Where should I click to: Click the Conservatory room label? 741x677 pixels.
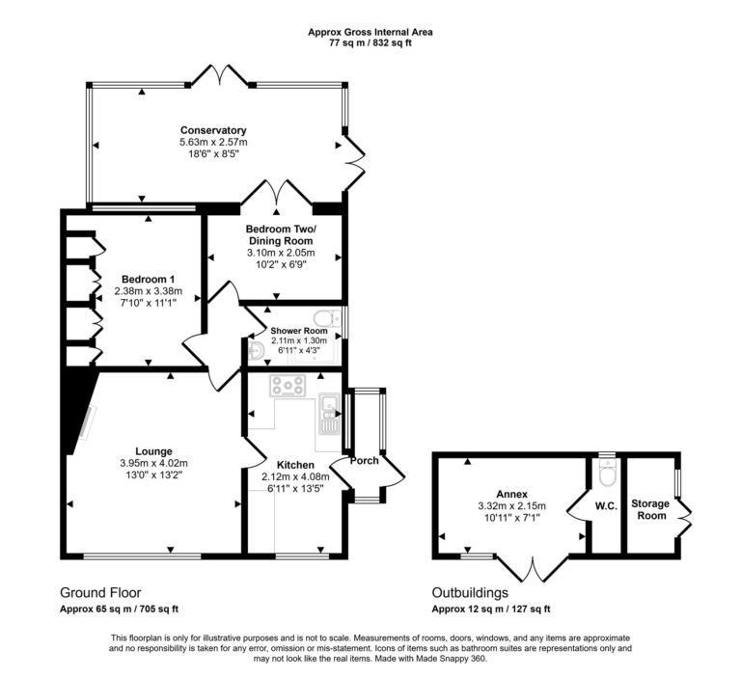213,130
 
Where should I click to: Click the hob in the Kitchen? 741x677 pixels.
288,387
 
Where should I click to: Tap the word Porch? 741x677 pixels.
365,460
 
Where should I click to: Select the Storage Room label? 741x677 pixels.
649,509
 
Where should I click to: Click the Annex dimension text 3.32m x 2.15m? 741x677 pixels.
511,505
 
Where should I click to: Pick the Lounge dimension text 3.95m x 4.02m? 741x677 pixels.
153,462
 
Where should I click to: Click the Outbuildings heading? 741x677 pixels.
470,592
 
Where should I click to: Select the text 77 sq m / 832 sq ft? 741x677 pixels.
370,43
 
